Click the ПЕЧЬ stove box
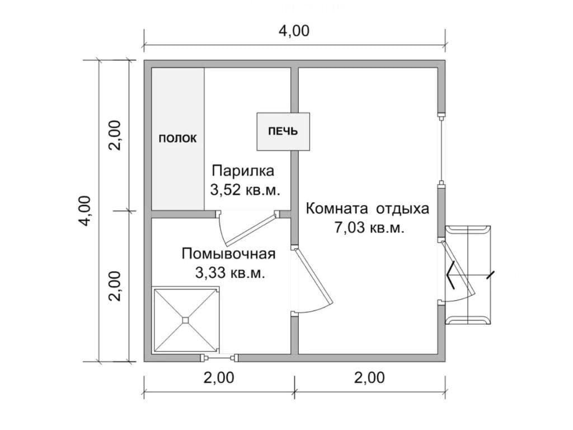283,132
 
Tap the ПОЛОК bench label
177,139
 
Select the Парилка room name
243,171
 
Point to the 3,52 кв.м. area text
245,189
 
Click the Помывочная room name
228,254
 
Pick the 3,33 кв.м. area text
230,273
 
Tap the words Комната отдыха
367,209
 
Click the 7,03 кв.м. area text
369,228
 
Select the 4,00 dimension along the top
294,31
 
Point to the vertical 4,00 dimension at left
85,211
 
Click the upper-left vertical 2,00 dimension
115,135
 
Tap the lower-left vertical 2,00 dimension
115,286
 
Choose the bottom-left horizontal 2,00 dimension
219,377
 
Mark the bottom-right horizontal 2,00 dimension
369,377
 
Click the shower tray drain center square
186,320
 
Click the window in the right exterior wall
442,150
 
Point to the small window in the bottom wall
219,358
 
